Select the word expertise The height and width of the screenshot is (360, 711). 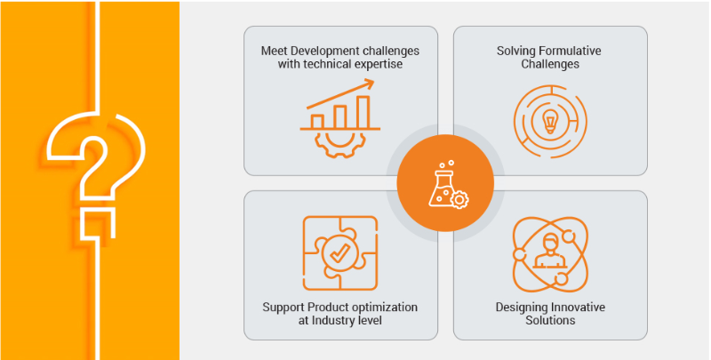[x=379, y=64]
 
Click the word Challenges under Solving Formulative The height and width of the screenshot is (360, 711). [x=550, y=64]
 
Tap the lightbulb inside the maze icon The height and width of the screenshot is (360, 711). [x=549, y=122]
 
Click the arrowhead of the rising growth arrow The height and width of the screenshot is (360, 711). [x=369, y=83]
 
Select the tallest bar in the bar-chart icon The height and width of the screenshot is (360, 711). [x=363, y=112]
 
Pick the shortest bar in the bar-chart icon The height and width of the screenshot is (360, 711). [x=317, y=122]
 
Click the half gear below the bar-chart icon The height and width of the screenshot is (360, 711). [x=340, y=144]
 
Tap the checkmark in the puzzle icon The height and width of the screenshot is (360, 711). [x=340, y=253]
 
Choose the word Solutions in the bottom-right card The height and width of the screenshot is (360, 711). [x=550, y=321]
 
